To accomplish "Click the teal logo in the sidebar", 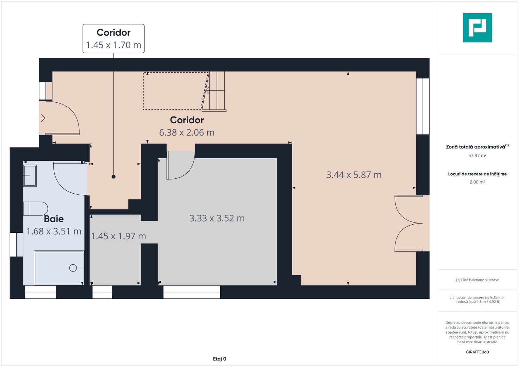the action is coord(477,28).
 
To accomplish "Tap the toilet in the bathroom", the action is coord(36,209).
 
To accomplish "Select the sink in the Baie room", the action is coord(30,176).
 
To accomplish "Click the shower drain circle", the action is coord(73,268).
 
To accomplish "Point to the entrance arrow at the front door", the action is coord(41,118).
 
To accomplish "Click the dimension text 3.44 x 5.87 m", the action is coord(354,175).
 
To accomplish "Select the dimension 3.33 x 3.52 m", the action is coord(217,218).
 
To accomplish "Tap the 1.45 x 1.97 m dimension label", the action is coord(118,236).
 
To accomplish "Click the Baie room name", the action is coord(54,219).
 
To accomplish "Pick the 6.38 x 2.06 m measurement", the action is coord(187,133).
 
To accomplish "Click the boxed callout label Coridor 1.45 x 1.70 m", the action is coord(114,38).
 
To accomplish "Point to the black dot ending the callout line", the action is coord(114,177).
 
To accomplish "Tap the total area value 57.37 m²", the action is coord(477,156).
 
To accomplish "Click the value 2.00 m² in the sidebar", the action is coord(477,182).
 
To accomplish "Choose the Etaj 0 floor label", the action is coord(220,359).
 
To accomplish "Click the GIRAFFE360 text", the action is coord(477,352).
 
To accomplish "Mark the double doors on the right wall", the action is coord(409,223).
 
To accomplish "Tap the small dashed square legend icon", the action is coord(452,297).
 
